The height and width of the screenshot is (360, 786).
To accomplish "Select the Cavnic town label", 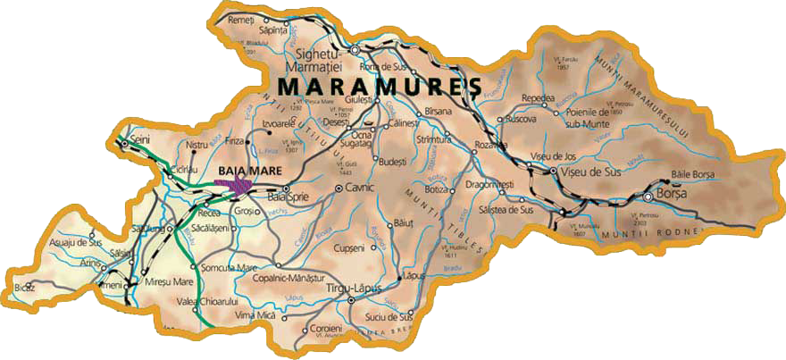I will coord(362,188).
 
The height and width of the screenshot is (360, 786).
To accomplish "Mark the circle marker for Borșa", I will coord(647,196).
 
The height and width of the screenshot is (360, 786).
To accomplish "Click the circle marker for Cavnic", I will coord(339,188).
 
